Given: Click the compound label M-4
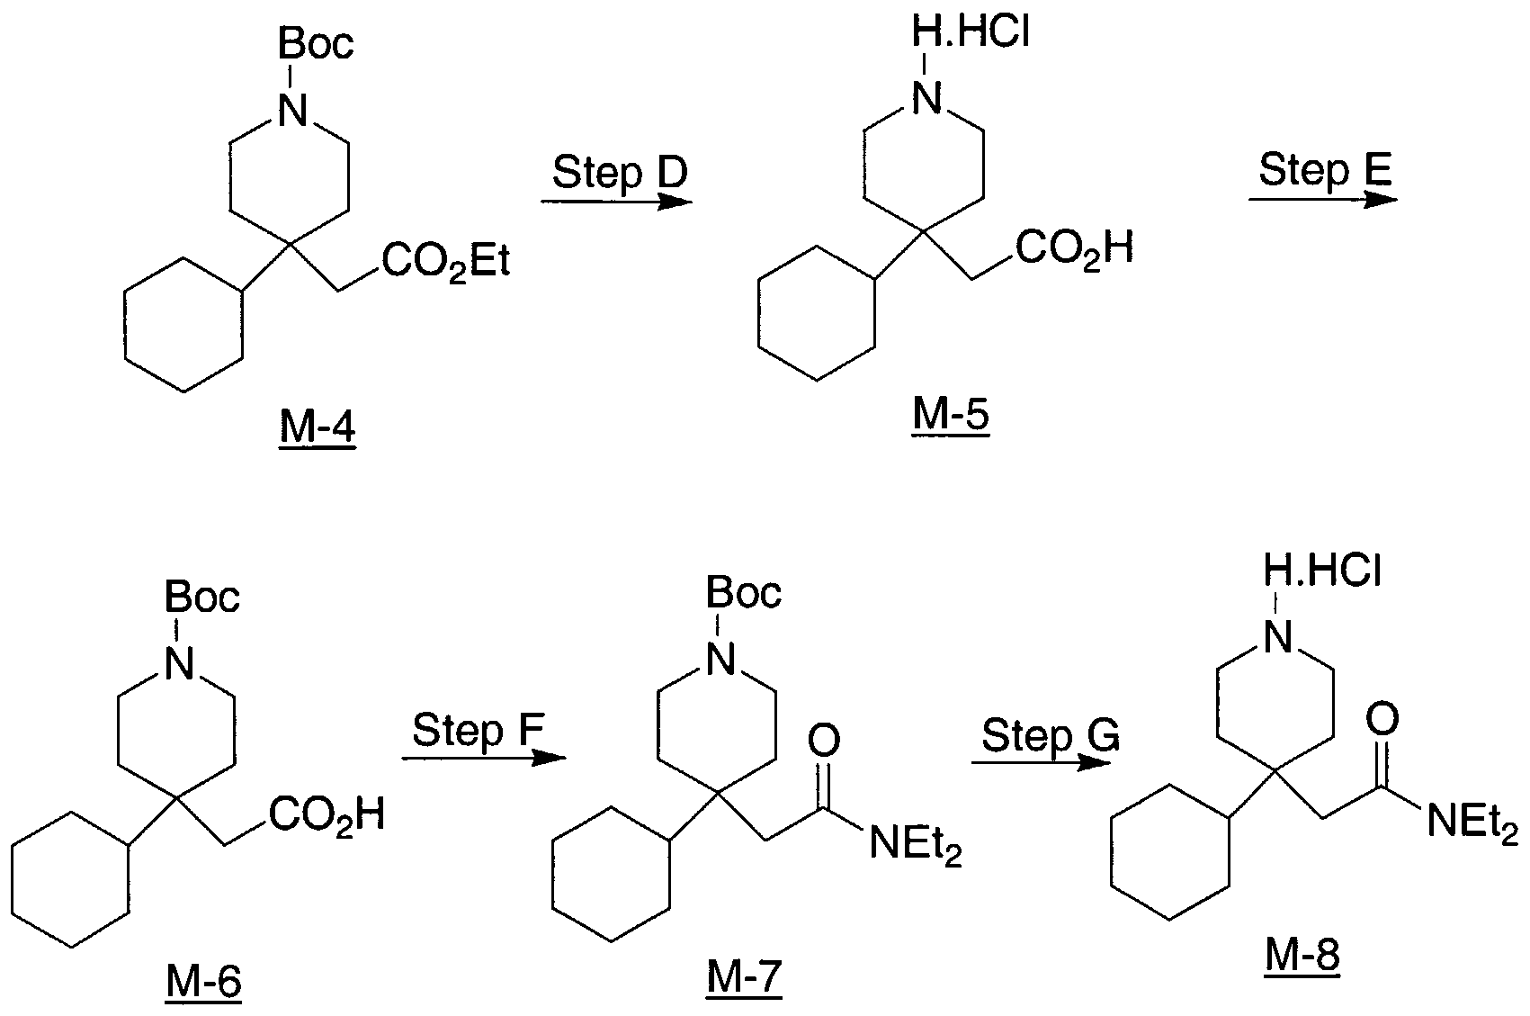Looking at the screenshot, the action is coord(318,428).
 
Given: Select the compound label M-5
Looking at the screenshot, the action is coord(951,415).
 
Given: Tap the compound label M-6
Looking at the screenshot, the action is coord(203,983).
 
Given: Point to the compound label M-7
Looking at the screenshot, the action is coord(744,977).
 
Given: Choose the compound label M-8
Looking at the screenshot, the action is coord(1302,955).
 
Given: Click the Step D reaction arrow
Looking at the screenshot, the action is coord(617,202).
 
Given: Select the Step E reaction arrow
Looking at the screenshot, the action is coord(1324,200).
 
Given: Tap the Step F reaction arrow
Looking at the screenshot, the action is coord(484,758).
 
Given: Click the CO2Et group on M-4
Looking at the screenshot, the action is coord(446,262).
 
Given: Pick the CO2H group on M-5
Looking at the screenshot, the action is coord(1075,248).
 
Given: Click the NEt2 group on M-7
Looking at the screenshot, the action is coord(916,844).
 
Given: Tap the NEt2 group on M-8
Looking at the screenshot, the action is coord(1472,822).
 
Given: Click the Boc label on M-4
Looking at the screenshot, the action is coord(316,44).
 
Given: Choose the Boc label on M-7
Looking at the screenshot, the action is coord(743,592).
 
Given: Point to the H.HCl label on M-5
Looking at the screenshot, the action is coord(971,31).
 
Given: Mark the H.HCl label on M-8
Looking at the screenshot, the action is coord(1322,571).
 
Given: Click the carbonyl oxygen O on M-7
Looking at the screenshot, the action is coord(824,742).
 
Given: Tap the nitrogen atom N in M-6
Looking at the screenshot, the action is coord(180,663).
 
